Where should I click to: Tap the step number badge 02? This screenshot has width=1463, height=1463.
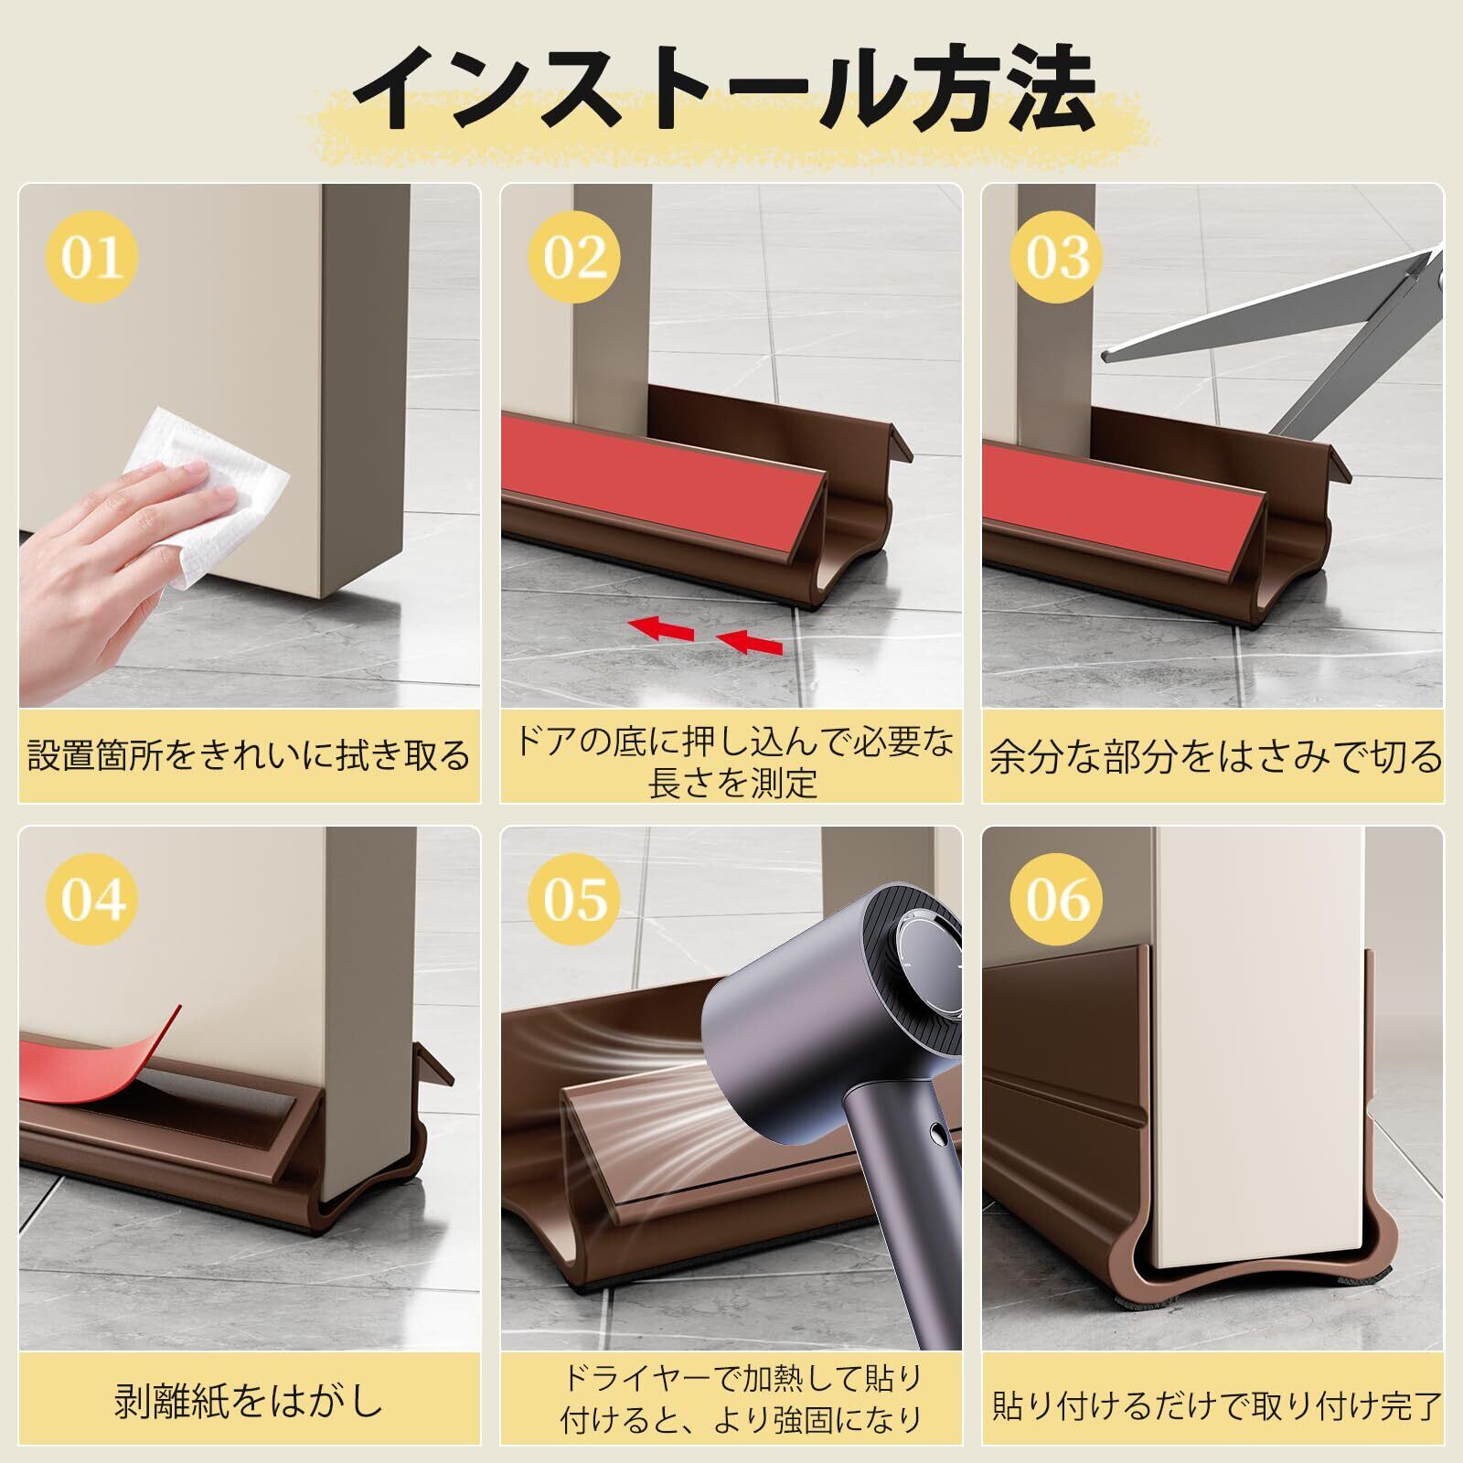[x=574, y=257]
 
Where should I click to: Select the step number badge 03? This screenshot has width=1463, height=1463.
[x=1057, y=257]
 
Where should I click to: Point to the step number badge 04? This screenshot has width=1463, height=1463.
[x=91, y=900]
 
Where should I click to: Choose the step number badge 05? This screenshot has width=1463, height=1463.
[x=574, y=900]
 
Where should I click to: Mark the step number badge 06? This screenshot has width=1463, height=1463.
[x=1057, y=900]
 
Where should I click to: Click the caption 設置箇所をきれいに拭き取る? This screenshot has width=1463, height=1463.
[x=249, y=757]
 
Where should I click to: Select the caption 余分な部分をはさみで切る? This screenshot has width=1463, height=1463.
[x=1214, y=757]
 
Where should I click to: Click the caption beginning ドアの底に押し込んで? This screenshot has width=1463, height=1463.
[x=731, y=760]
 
